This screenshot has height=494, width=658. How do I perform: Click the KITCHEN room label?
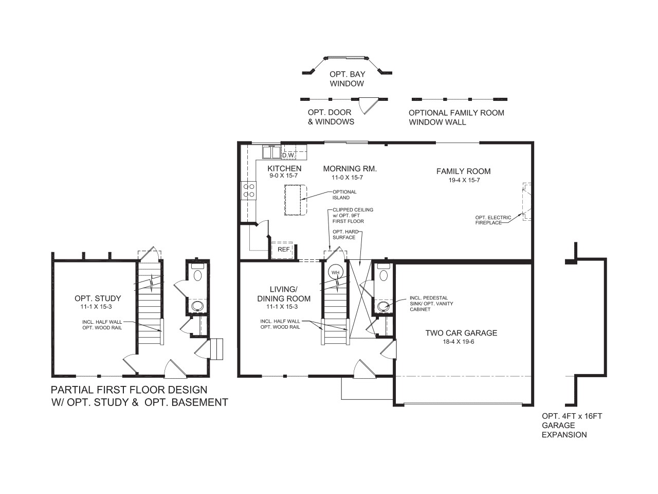(x=284, y=168)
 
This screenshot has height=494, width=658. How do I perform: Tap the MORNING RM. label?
(x=350, y=168)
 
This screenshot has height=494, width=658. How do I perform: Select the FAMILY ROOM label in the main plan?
(x=463, y=171)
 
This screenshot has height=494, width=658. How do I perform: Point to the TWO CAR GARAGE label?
(x=461, y=333)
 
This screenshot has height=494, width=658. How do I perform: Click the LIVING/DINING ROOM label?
(x=284, y=294)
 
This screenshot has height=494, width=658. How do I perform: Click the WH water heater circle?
(x=336, y=272)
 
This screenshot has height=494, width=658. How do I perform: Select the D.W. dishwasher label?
(x=287, y=155)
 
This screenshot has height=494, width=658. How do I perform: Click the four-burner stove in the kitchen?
(x=249, y=190)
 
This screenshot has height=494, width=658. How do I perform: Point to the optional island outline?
(x=295, y=200)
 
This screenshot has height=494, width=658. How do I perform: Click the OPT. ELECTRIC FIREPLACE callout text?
(x=493, y=220)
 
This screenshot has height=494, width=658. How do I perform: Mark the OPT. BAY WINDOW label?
(x=347, y=79)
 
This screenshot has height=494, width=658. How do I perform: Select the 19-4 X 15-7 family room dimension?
(x=464, y=180)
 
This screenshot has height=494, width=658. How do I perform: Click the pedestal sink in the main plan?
(x=383, y=307)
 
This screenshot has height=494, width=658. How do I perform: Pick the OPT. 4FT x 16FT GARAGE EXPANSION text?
(x=571, y=425)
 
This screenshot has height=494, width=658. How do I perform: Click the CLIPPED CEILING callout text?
(x=353, y=215)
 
